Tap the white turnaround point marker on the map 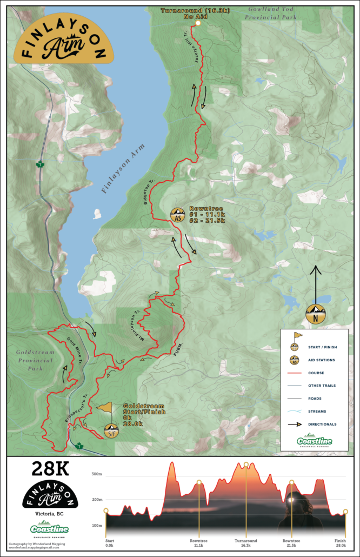(x=198, y=23)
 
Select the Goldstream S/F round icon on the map (x=111, y=430)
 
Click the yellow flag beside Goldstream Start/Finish (x=104, y=409)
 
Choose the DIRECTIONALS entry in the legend (x=322, y=424)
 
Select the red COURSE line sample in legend (x=296, y=373)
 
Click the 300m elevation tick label (x=97, y=474)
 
